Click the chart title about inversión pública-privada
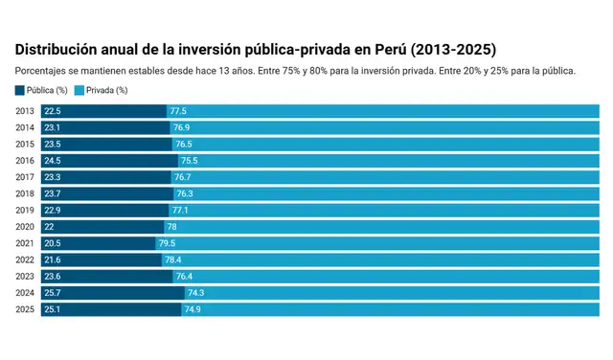pos(255,48)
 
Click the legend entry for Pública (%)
pos(44,90)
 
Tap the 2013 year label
pos(25,112)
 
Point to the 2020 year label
pos(25,227)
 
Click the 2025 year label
pos(25,309)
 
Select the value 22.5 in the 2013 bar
pos(54,112)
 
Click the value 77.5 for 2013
pos(178,112)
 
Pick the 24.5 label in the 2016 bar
pos(54,161)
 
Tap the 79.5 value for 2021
pos(166,243)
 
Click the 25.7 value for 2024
pos(54,293)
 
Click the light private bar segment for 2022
pos(383,259)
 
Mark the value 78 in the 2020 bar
pos(171,227)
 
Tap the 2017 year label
pos(25,177)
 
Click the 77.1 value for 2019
pos(180,211)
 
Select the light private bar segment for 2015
pos(383,145)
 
